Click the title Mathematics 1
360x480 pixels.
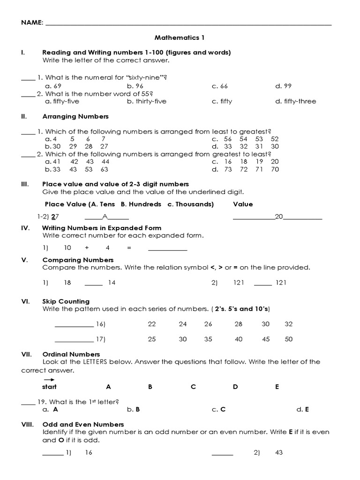point(180,37)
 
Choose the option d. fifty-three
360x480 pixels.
point(296,101)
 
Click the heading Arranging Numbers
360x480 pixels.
point(75,116)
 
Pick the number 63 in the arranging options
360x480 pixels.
point(104,169)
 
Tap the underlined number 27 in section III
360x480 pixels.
point(55,217)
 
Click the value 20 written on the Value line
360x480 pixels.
point(279,217)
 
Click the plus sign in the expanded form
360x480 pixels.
point(87,247)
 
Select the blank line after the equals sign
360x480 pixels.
point(167,248)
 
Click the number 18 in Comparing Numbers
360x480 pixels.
point(67,282)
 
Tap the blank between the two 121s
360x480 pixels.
point(262,283)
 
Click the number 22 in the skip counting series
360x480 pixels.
point(151,324)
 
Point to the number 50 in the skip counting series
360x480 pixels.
point(288,339)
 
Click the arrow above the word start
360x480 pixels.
point(49,380)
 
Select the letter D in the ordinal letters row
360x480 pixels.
point(235,387)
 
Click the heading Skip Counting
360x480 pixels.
point(66,301)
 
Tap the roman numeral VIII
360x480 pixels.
point(27,424)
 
